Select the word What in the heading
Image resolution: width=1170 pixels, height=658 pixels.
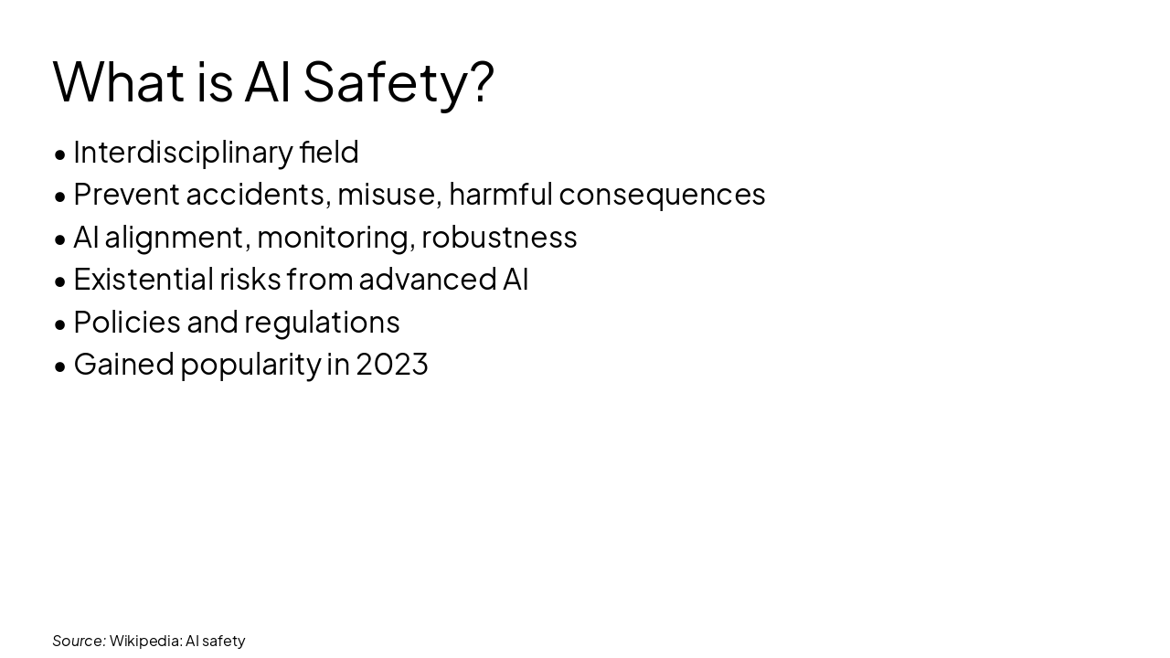(118, 81)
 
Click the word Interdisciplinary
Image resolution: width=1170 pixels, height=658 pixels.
(183, 152)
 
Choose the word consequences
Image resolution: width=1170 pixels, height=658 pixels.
(662, 194)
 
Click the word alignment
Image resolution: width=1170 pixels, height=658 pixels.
(174, 237)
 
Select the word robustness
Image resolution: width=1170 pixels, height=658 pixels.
(499, 237)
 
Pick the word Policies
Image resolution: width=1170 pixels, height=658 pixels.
(126, 322)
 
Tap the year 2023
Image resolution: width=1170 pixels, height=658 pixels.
(391, 364)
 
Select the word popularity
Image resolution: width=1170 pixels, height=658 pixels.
(250, 364)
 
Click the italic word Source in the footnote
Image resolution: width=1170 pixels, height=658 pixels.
(79, 641)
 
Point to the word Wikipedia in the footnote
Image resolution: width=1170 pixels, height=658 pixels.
(144, 641)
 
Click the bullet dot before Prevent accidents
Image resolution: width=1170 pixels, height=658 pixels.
(60, 196)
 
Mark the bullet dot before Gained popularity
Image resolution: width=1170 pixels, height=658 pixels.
(60, 366)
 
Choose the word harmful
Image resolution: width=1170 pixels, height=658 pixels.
(501, 194)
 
